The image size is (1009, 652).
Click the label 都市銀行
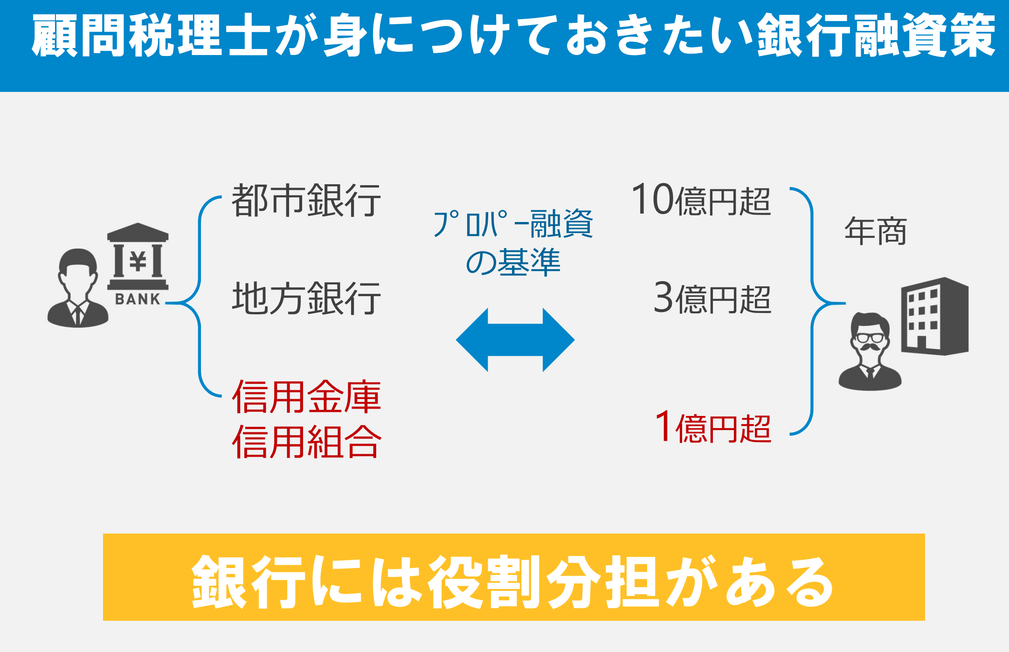click(x=306, y=201)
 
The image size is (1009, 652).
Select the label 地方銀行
click(x=306, y=298)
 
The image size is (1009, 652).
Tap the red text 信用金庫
click(x=306, y=397)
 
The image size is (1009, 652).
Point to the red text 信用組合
click(x=306, y=441)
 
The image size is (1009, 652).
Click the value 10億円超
click(x=701, y=200)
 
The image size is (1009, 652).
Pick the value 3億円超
click(x=712, y=298)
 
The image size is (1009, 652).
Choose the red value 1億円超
click(x=713, y=427)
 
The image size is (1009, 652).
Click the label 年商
click(x=875, y=231)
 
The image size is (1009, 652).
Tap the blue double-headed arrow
click(x=515, y=340)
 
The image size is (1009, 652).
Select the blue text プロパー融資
click(x=513, y=224)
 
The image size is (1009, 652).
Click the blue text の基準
click(x=513, y=262)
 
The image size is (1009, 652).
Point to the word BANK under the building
click(x=138, y=299)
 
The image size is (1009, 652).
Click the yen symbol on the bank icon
click(x=138, y=261)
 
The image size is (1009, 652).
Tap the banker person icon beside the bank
click(x=78, y=288)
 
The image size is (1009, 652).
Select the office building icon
click(x=935, y=316)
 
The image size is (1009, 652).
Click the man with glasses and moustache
click(x=870, y=351)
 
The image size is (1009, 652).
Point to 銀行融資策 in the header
click(x=876, y=35)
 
